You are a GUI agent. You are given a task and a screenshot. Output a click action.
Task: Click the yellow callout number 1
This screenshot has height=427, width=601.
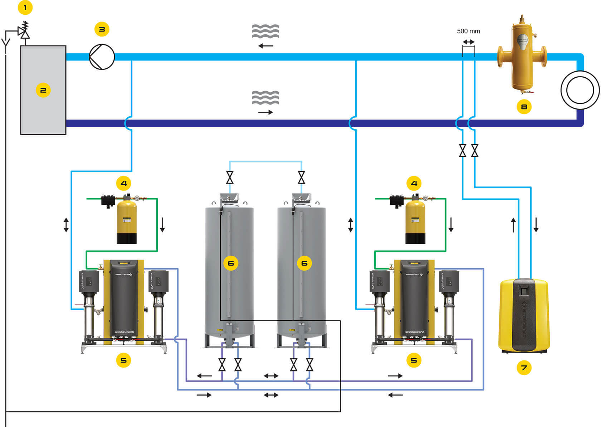click(x=25, y=8)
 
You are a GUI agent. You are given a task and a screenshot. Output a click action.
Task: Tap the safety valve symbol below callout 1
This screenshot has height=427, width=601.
click(x=24, y=31)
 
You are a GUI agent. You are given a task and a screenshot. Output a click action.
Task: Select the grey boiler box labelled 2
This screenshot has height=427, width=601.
click(x=43, y=90)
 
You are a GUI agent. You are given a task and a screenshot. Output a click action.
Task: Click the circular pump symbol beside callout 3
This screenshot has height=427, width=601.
click(x=102, y=57)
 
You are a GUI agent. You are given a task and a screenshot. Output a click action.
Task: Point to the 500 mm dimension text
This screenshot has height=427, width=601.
click(x=468, y=31)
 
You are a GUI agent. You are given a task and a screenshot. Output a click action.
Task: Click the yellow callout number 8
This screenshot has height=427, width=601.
click(x=524, y=107)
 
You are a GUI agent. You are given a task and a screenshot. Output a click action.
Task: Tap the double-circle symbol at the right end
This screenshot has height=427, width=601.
click(x=580, y=90)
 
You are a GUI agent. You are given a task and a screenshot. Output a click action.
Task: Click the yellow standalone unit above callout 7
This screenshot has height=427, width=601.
click(x=524, y=315)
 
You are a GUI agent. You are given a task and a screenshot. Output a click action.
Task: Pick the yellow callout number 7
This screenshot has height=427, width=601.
click(x=524, y=368)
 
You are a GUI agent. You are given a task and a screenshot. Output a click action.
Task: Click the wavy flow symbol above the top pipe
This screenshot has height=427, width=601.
click(x=265, y=31)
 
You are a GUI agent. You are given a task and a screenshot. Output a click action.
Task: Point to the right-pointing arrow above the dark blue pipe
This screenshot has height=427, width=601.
click(x=265, y=112)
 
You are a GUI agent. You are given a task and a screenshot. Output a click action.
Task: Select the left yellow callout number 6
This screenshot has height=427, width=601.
click(x=231, y=263)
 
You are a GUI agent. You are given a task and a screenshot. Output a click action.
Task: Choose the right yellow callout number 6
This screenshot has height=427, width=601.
click(x=304, y=263)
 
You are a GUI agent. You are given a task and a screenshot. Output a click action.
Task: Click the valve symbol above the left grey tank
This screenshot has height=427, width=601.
click(x=230, y=177)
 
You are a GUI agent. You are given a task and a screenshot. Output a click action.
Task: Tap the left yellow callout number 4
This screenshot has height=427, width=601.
click(x=123, y=184)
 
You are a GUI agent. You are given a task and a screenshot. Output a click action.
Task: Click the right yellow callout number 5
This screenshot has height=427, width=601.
click(x=414, y=360)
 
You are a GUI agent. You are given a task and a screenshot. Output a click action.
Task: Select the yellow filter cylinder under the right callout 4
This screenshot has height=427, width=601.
click(x=415, y=222)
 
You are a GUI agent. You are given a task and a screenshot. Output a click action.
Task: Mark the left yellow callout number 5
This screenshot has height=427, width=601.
click(x=123, y=360)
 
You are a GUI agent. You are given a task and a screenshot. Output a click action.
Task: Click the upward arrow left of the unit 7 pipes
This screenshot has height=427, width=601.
click(x=513, y=225)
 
